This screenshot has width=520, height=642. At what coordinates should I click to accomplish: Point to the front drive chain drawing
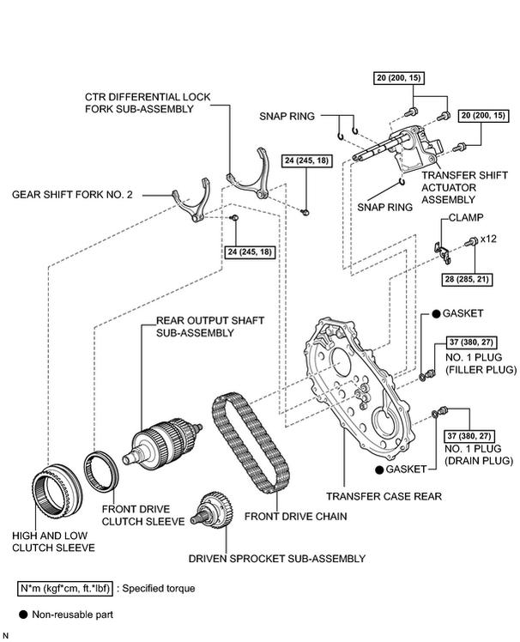point(251,443)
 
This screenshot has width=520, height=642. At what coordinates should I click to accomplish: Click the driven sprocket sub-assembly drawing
point(213,510)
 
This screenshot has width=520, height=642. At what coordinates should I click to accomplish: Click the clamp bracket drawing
point(441,251)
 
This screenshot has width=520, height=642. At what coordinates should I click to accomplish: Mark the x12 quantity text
point(488,239)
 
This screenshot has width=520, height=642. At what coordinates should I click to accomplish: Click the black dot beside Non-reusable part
point(23,615)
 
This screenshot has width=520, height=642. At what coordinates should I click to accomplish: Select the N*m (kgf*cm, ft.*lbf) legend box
point(64,589)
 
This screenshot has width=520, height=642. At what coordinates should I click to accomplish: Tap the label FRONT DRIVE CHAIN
point(296,517)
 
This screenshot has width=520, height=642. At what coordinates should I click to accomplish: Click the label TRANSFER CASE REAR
point(384,496)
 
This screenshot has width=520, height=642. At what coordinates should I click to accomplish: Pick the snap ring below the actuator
point(402,181)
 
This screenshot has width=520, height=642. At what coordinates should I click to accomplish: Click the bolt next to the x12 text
point(471,241)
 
